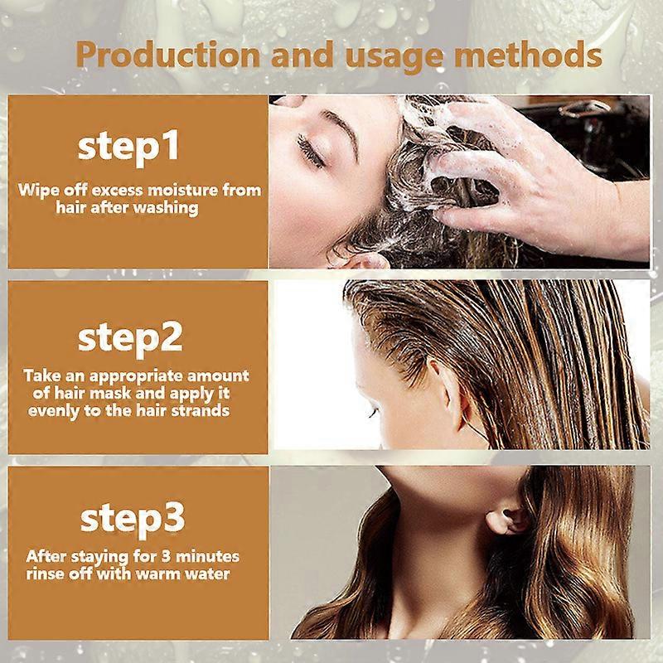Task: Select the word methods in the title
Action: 530,56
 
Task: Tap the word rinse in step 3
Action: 46,573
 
